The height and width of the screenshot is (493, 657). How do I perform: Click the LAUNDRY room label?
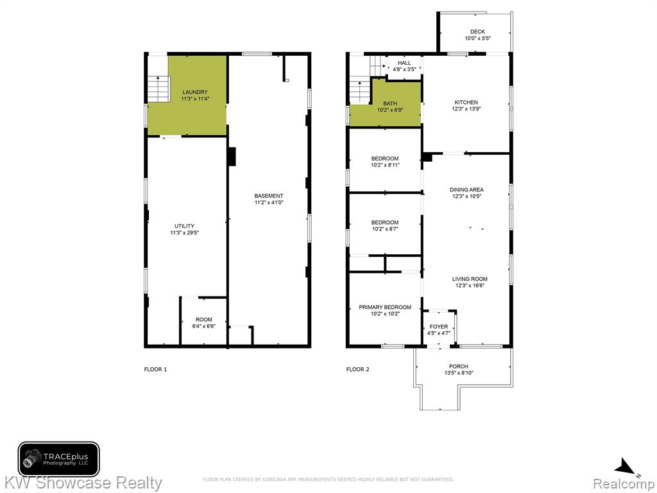point(195,92)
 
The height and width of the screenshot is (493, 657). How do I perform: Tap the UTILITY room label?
point(184,227)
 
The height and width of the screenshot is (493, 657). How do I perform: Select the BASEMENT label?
point(269,196)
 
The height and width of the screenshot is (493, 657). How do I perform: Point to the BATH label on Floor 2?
point(390,103)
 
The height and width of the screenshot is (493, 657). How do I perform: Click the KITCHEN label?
point(466,102)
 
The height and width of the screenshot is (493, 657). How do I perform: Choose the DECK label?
point(477,32)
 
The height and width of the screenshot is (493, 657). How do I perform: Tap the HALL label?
point(404,63)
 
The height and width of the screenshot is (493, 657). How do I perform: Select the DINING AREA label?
point(467,190)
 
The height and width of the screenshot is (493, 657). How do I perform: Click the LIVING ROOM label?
point(470,279)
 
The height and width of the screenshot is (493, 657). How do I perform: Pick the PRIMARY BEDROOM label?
point(385,307)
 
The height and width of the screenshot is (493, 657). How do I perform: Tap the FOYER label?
point(439,327)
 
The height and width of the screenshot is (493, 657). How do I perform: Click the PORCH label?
point(459,367)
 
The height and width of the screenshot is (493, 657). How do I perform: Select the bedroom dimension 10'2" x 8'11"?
point(385,165)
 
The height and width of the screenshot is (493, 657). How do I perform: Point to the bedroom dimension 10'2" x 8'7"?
point(385,229)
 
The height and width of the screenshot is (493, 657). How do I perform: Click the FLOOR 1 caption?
point(155,369)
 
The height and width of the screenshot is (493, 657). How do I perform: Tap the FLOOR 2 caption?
point(358,369)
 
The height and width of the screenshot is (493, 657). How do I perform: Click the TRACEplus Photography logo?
point(58,459)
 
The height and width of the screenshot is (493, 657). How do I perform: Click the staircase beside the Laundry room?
point(158,89)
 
